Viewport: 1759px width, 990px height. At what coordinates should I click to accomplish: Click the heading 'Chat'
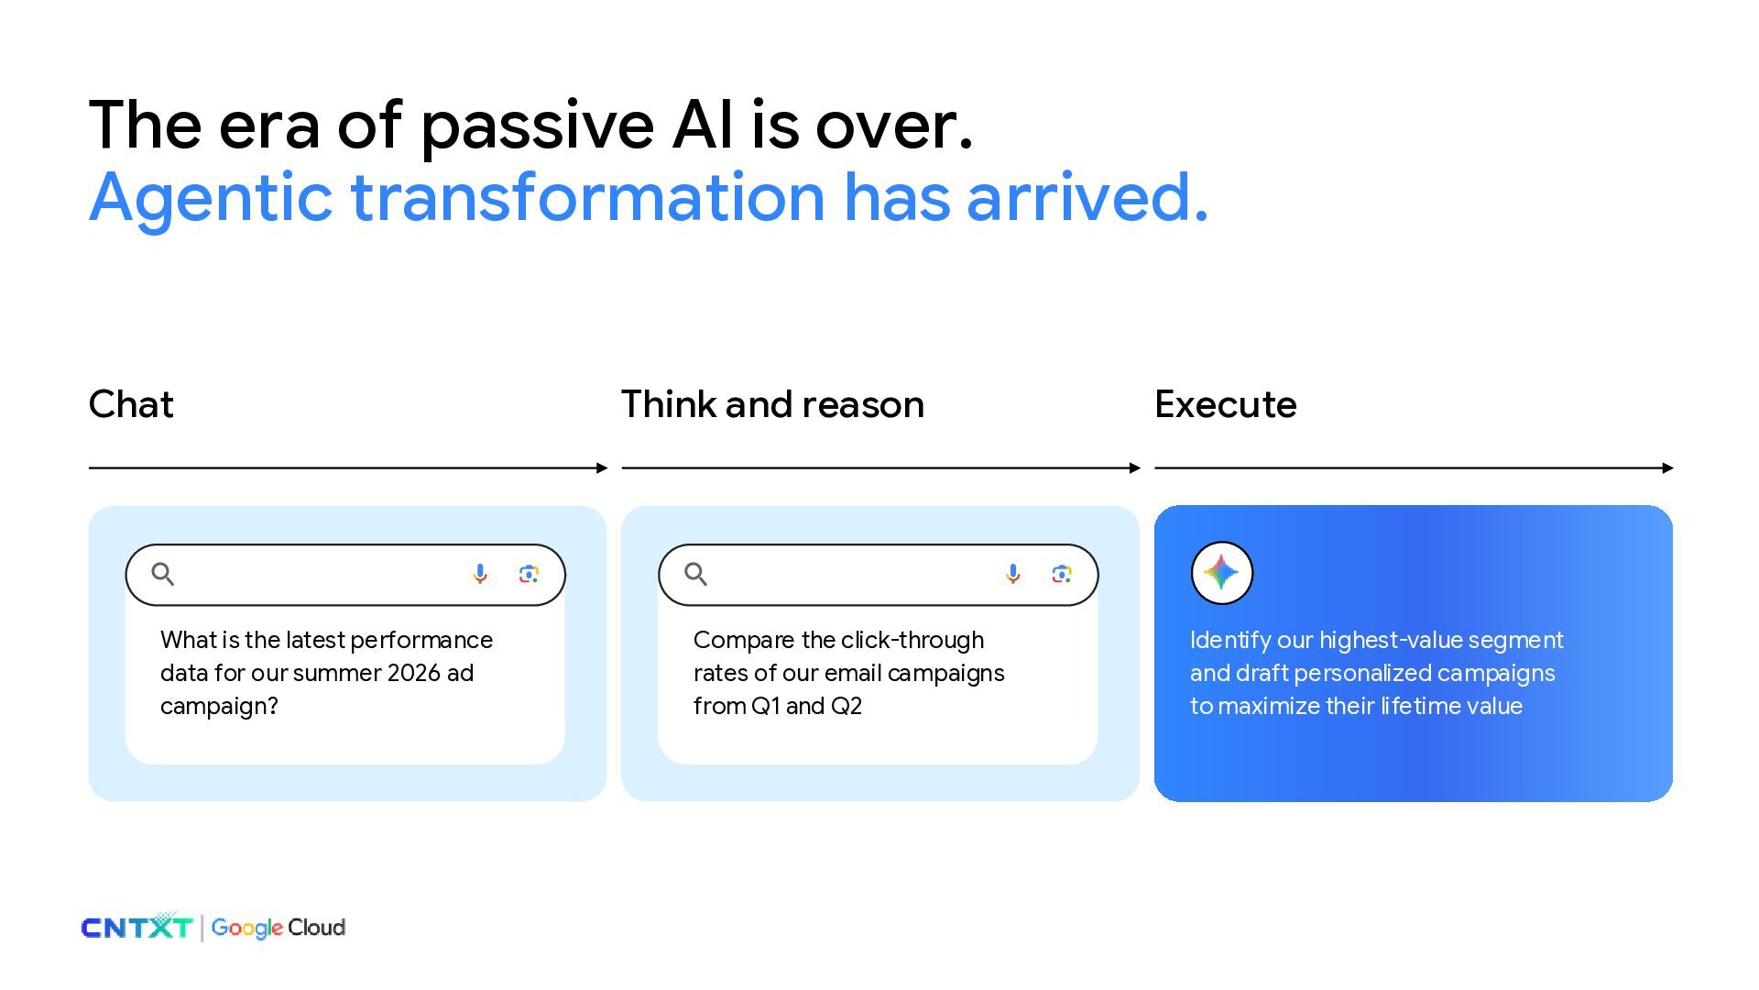(x=131, y=404)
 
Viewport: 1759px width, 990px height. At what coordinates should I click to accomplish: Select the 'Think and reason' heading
(x=772, y=404)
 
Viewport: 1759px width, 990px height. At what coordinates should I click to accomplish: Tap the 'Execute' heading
(x=1225, y=404)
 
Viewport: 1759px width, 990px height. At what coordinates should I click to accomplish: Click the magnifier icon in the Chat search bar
(x=163, y=574)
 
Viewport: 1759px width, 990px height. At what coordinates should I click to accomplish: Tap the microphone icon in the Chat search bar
(x=480, y=574)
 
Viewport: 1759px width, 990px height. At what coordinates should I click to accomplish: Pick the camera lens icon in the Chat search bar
(x=529, y=574)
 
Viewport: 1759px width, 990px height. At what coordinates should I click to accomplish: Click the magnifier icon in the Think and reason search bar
(x=696, y=574)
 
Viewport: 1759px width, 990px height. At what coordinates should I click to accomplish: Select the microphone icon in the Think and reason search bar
(x=1013, y=574)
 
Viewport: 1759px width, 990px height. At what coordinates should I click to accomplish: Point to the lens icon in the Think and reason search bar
(x=1062, y=574)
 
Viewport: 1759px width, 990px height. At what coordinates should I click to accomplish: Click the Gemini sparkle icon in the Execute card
(x=1221, y=573)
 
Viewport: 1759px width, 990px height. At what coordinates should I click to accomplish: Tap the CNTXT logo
(x=137, y=927)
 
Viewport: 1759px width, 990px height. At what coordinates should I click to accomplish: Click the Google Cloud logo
(x=279, y=928)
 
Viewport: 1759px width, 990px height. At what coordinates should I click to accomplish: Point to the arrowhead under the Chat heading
(x=602, y=467)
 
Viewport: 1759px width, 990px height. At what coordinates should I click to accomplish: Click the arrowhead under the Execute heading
(x=1667, y=467)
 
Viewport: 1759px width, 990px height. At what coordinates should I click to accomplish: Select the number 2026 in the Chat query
(x=414, y=673)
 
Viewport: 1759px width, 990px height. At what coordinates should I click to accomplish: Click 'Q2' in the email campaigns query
(x=847, y=706)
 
